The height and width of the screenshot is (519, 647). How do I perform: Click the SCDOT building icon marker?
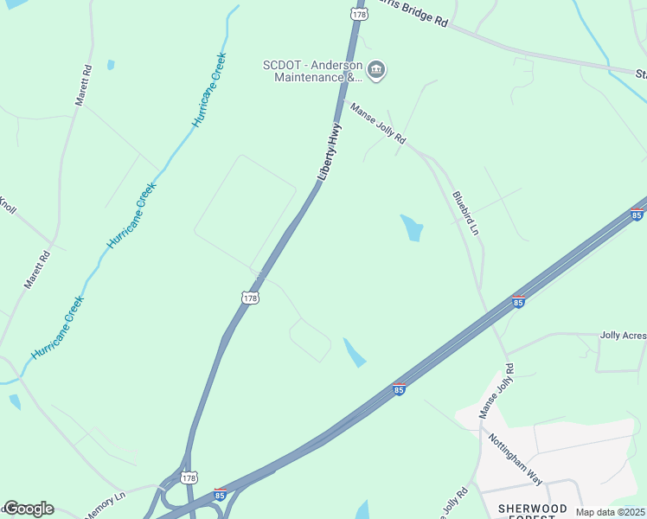pyautogui.click(x=375, y=70)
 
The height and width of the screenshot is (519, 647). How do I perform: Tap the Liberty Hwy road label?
pyautogui.click(x=330, y=151)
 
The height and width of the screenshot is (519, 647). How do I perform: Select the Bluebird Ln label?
pyautogui.click(x=465, y=213)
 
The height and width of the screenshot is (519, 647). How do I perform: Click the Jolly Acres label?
pyautogui.click(x=623, y=334)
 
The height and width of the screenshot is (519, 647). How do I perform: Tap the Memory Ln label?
pyautogui.click(x=105, y=506)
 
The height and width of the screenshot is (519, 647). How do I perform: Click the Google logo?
pyautogui.click(x=28, y=509)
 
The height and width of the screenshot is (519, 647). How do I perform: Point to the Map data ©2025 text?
pyautogui.click(x=610, y=512)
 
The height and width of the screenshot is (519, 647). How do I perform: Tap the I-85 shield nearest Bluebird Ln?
pyautogui.click(x=518, y=301)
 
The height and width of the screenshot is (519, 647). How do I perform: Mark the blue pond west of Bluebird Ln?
pyautogui.click(x=411, y=227)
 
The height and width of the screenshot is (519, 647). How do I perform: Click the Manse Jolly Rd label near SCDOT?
pyautogui.click(x=377, y=123)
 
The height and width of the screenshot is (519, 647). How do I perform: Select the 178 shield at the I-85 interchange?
pyautogui.click(x=189, y=477)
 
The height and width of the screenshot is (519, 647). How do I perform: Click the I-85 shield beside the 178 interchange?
pyautogui.click(x=221, y=495)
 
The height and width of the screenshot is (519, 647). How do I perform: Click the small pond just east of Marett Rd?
pyautogui.click(x=110, y=65)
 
